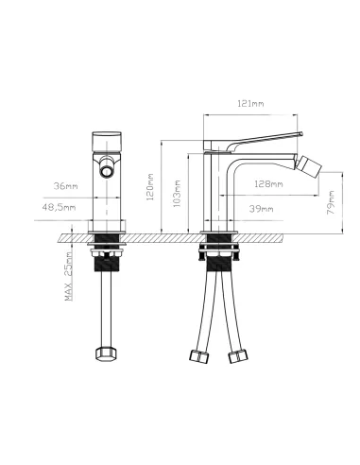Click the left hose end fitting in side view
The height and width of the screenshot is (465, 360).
pos(199,357)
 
